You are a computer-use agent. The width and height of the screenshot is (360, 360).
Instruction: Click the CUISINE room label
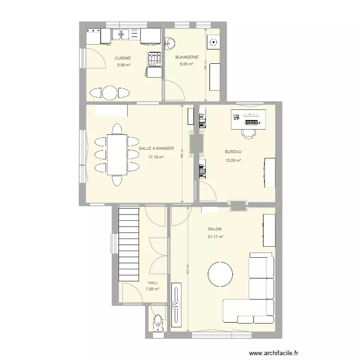pos(122,58)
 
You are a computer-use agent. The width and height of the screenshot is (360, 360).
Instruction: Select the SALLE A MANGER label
pos(156,149)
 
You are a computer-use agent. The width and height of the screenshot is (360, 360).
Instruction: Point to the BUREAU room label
pos(233,152)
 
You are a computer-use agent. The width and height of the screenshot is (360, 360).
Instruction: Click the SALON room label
pos(215,229)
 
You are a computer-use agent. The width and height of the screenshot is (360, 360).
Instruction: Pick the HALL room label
pos(153,283)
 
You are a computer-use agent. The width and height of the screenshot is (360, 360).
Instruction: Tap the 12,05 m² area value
pos(233,160)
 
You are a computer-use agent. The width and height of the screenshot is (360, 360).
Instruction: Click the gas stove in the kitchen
pos(154,59)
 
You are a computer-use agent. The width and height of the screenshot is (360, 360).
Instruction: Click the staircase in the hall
pos(129,245)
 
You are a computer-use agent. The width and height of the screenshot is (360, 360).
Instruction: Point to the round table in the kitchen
pos(110,93)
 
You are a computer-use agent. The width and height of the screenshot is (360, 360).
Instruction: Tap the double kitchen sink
pos(121,34)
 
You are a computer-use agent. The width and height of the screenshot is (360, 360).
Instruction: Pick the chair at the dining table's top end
pos(117,129)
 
